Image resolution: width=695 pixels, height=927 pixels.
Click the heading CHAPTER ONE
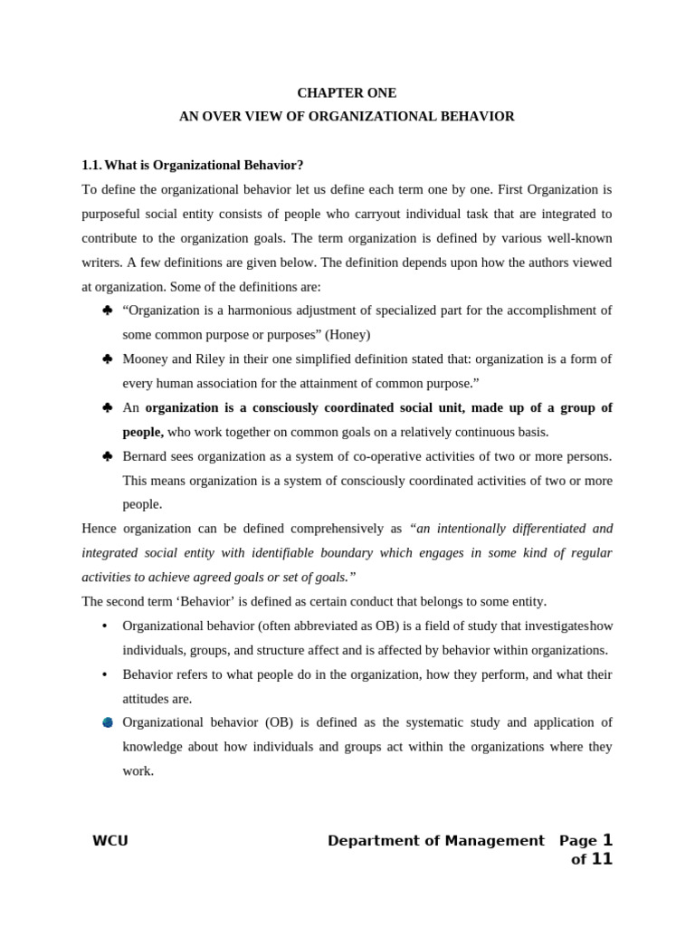point(347,93)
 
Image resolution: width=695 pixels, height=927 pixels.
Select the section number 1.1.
point(91,165)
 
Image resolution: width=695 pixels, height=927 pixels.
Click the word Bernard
point(148,456)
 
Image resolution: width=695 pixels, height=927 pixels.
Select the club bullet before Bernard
point(107,456)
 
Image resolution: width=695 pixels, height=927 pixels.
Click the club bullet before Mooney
point(107,358)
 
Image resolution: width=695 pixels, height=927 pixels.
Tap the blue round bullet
point(107,722)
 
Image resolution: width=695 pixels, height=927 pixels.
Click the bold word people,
point(143,432)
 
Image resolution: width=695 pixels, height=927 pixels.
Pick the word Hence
point(100,529)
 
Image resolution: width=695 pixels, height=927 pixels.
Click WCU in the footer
point(110,841)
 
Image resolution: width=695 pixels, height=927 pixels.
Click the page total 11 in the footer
point(602,859)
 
